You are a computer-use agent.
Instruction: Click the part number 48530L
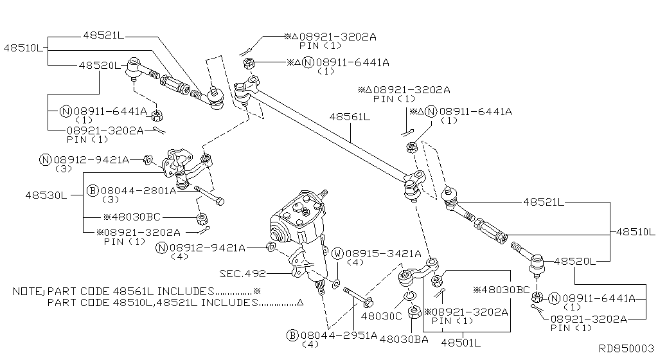(46, 194)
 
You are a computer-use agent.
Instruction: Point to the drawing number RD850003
(626, 348)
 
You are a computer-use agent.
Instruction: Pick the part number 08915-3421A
(383, 253)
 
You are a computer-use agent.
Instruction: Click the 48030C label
(381, 316)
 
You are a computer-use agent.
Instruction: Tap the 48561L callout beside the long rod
(350, 117)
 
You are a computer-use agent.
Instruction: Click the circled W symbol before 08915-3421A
(337, 254)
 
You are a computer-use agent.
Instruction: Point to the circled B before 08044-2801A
(92, 191)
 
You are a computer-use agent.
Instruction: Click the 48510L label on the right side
(635, 231)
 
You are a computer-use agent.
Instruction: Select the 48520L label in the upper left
(99, 65)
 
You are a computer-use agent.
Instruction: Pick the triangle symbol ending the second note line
(301, 302)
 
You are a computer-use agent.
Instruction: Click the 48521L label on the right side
(542, 202)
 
